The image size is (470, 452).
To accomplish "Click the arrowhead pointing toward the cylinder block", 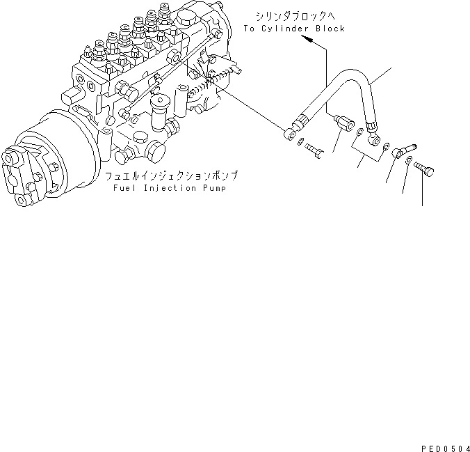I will (x=307, y=40).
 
